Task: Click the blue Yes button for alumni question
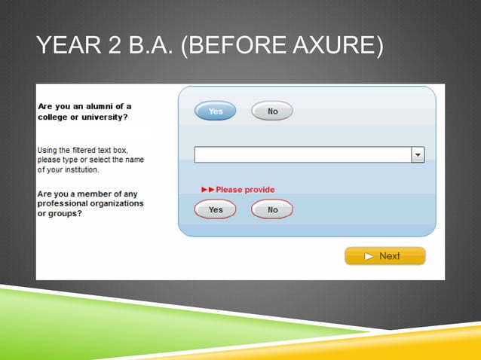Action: [216, 111]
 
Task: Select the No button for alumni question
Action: [272, 111]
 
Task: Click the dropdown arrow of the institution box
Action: [418, 154]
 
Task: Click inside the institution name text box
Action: [302, 154]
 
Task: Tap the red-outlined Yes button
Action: [216, 209]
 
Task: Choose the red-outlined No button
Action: [272, 209]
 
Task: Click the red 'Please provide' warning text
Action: [245, 190]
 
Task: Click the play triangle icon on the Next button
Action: [369, 256]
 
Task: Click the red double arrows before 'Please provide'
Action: [207, 190]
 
